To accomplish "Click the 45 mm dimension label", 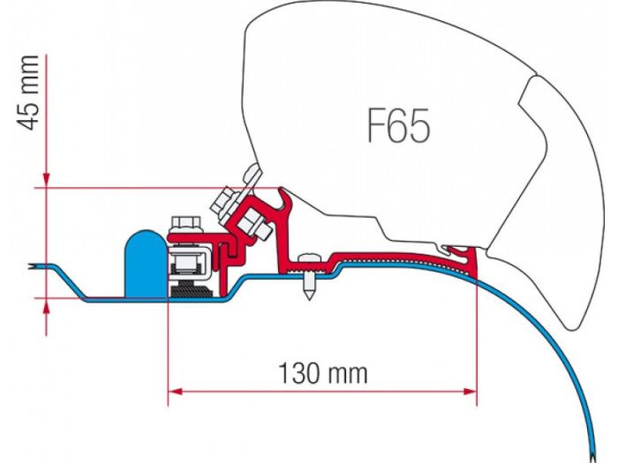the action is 28,93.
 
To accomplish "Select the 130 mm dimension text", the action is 323,373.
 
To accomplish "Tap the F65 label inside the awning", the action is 398,125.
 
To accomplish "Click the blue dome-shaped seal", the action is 147,264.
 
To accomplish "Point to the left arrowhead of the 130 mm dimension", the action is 176,392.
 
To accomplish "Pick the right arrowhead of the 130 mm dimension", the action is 470,392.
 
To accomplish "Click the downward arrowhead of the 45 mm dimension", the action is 47,180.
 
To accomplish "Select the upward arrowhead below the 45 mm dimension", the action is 47,306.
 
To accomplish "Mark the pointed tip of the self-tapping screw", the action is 309,298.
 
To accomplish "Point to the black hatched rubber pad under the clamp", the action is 192,291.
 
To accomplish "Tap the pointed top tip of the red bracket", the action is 281,188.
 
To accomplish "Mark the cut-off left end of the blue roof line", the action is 31,266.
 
